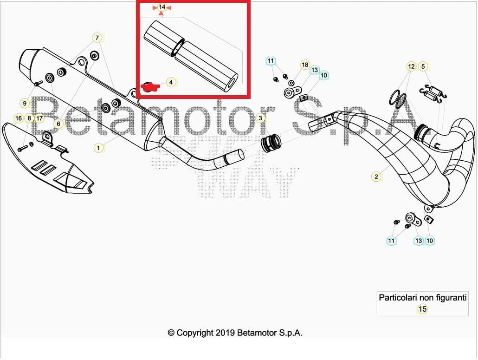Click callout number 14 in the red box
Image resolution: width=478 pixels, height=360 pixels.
[162, 7]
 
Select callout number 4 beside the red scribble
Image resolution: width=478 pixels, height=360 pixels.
[171, 82]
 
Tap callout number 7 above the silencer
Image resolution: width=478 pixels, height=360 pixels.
[97, 38]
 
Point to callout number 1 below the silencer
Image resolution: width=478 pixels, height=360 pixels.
[98, 148]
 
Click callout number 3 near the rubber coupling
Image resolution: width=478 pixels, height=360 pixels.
[260, 118]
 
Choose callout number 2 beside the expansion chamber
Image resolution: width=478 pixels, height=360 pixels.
[376, 177]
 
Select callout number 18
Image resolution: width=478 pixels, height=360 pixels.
[305, 65]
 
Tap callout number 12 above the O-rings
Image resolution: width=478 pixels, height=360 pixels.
[411, 66]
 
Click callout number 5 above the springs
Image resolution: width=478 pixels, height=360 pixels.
[423, 66]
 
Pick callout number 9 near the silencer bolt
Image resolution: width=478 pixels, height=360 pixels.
[25, 103]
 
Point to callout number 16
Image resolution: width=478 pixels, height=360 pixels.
[19, 118]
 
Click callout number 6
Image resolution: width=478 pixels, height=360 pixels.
[58, 124]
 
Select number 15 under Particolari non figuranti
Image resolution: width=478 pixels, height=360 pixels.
[422, 309]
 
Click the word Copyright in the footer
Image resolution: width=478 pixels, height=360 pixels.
[195, 333]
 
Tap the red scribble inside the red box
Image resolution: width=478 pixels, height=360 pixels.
[150, 87]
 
